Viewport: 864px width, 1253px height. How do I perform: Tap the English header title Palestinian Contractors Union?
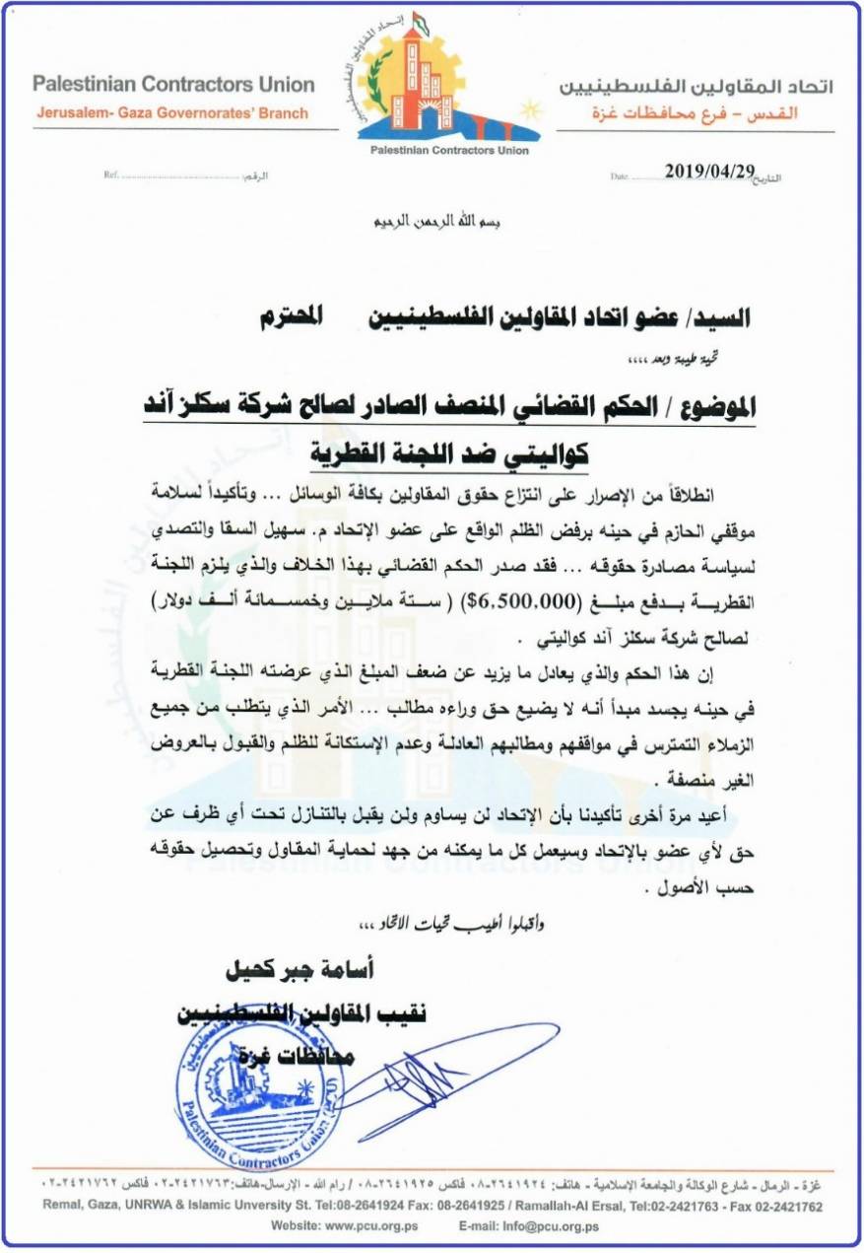tap(173, 85)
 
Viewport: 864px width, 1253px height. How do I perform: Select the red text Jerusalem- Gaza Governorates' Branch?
tap(172, 113)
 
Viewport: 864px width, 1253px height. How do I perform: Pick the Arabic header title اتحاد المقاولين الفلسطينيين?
tap(696, 87)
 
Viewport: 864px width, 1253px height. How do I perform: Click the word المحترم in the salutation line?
tap(294, 317)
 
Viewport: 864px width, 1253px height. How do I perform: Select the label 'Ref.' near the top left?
tap(110, 175)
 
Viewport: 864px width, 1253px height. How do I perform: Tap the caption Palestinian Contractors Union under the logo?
tap(449, 151)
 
